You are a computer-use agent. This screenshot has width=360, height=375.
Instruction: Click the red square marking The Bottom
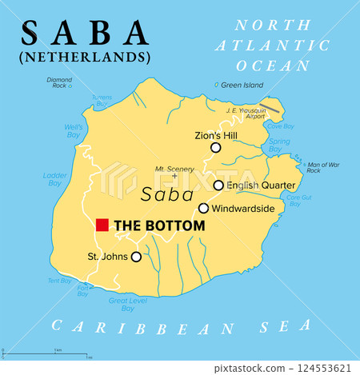[102, 225]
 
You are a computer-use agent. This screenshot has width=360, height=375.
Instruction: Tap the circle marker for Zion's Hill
[215, 148]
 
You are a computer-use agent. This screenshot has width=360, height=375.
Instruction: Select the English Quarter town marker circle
[218, 186]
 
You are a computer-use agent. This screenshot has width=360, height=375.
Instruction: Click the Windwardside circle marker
[204, 209]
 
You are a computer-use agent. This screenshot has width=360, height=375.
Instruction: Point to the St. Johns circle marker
[136, 257]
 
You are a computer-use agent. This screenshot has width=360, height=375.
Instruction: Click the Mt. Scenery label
[175, 169]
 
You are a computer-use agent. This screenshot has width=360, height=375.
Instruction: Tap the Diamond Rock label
[58, 82]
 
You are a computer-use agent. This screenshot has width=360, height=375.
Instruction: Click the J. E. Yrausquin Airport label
[244, 113]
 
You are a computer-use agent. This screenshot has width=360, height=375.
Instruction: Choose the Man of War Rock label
[325, 167]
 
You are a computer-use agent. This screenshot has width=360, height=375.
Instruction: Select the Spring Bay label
[280, 146]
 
